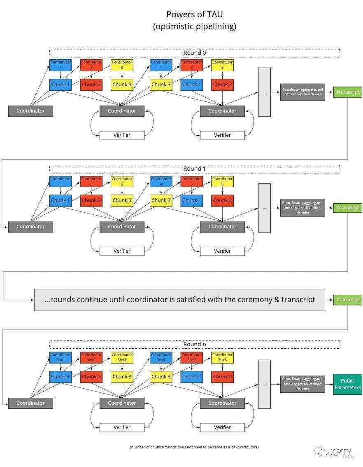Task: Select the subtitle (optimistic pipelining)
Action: (195, 26)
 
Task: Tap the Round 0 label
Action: (195, 53)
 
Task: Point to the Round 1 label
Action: (195, 169)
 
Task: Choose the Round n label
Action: (195, 344)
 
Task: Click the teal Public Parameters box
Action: (347, 384)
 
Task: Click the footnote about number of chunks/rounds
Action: (194, 447)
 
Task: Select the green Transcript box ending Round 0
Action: (347, 92)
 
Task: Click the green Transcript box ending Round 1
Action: (347, 208)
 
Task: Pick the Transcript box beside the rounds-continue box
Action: (347, 300)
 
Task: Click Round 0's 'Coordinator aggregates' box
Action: (302, 92)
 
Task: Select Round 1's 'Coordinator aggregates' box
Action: (302, 208)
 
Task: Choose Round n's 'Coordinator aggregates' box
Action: (302, 384)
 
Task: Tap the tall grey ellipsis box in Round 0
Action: (264, 92)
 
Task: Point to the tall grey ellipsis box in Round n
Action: (264, 384)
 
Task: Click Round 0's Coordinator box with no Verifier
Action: (30, 111)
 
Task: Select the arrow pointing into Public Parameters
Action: (329, 384)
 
